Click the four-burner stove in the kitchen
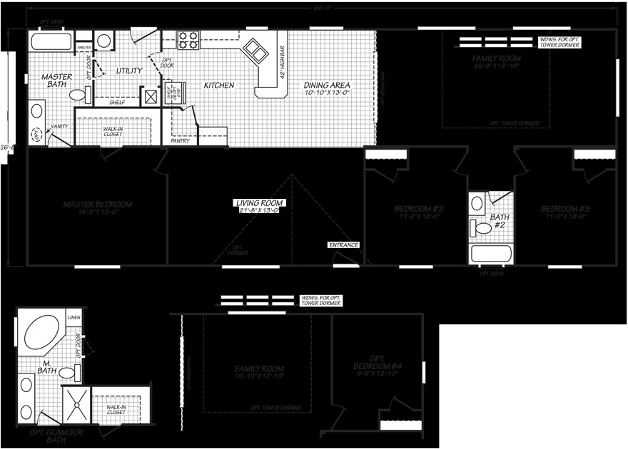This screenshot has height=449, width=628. point(188,40)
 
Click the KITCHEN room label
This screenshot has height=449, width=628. point(219,86)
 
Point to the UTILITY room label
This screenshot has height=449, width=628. point(129,71)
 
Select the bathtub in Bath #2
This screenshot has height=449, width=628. point(491,254)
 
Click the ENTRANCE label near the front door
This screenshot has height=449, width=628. point(343,245)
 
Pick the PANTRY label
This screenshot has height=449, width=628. point(181,140)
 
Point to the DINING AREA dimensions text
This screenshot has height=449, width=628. point(327,93)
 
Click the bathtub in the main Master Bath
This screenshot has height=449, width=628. point(51,41)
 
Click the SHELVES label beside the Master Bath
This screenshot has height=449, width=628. point(83,48)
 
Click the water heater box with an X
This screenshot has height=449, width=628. point(151,96)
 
